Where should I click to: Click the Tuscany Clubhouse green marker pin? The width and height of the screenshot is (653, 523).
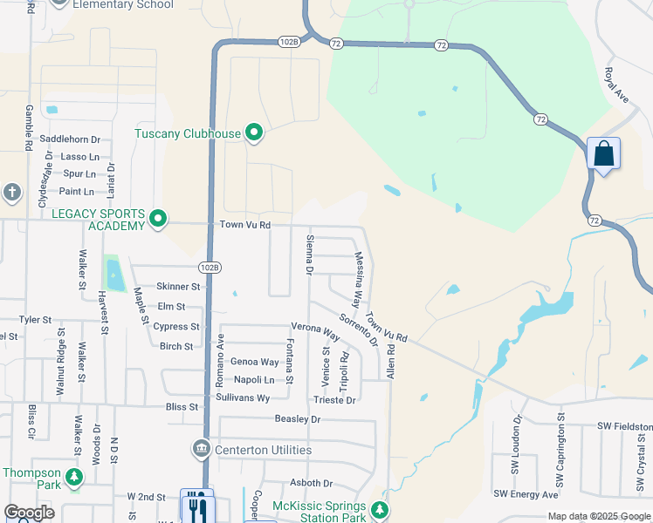pyautogui.click(x=254, y=133)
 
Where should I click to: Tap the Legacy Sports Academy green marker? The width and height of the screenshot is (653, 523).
pyautogui.click(x=158, y=218)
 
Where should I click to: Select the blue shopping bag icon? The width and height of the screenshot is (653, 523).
pyautogui.click(x=604, y=154)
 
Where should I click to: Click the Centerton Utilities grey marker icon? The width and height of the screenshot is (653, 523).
pyautogui.click(x=201, y=449)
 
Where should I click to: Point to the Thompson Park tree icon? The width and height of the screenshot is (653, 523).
pyautogui.click(x=75, y=476)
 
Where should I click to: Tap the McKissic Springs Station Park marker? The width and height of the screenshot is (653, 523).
pyautogui.click(x=379, y=509)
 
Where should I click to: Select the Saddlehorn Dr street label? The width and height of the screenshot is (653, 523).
pyautogui.click(x=71, y=139)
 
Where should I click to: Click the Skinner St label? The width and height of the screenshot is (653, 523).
pyautogui.click(x=178, y=287)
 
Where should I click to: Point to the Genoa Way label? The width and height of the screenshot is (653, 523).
pyautogui.click(x=254, y=362)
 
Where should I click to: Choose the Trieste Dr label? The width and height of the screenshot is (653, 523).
pyautogui.click(x=334, y=400)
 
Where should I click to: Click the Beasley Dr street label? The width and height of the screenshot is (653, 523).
pyautogui.click(x=298, y=419)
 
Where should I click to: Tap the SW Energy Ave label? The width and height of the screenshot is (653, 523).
pyautogui.click(x=526, y=494)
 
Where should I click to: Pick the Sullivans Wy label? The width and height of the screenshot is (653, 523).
pyautogui.click(x=244, y=397)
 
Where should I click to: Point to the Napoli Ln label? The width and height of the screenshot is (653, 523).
pyautogui.click(x=254, y=379)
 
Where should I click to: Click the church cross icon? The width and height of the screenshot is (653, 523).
pyautogui.click(x=11, y=191)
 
